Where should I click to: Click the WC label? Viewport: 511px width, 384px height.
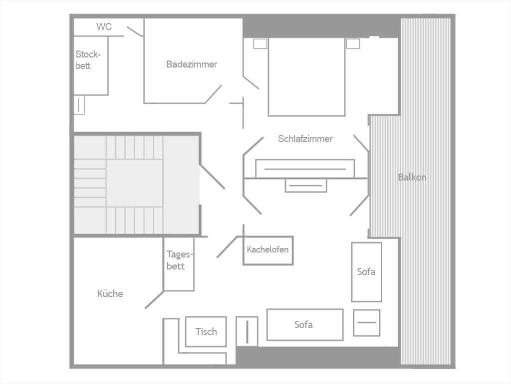point(104,26)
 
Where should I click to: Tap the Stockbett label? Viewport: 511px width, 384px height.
point(88,60)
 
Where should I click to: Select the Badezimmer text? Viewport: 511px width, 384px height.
point(192,64)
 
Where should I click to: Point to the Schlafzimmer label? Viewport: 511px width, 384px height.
point(305,138)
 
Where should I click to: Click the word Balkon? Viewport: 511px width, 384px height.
point(412,177)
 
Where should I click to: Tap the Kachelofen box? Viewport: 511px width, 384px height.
point(268,250)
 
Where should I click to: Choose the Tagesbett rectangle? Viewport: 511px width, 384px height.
point(179,264)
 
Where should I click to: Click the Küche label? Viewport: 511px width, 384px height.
point(110,293)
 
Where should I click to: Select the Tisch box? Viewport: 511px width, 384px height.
point(206,331)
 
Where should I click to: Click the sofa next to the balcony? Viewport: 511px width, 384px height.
point(366,272)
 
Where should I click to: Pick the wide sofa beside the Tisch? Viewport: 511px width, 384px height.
point(305,324)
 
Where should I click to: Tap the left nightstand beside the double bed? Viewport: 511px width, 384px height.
point(260,43)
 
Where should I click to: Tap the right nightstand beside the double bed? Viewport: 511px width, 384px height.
point(353,43)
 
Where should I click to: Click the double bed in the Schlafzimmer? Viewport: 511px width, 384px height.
point(306,76)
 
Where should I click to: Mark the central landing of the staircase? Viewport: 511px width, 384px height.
point(135,183)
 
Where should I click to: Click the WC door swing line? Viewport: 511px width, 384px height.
point(135,31)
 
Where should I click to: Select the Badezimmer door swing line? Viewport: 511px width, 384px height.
point(213,94)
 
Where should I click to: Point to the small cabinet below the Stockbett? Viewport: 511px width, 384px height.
point(79,105)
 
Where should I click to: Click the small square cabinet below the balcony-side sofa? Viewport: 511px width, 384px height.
point(367,322)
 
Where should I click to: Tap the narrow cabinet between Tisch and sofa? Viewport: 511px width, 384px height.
point(247,331)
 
